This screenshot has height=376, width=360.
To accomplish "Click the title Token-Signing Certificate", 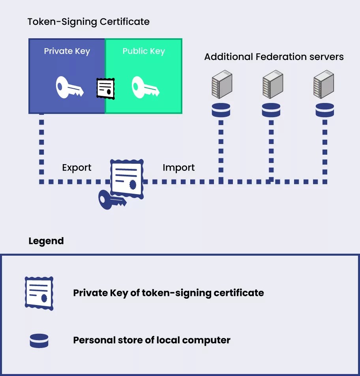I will [x=88, y=21].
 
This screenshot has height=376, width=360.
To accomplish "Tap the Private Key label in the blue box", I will [x=67, y=51].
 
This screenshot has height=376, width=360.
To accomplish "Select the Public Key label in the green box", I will [x=144, y=51].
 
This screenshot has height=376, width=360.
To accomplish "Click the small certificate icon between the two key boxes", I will [x=105, y=88].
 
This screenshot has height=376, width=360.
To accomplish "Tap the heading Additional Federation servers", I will [x=274, y=57].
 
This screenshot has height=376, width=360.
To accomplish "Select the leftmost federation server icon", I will [x=221, y=84].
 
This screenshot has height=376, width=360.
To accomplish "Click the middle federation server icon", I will [x=272, y=84].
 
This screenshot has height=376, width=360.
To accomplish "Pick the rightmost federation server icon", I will [x=323, y=84].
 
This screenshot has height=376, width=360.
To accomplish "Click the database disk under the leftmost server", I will [x=221, y=110].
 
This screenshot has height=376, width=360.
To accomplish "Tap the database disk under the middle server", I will [x=271, y=110].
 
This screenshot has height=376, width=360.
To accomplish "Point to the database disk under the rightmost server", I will [x=325, y=110].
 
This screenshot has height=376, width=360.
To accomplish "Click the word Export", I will [x=77, y=168].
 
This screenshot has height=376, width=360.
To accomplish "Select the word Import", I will [x=178, y=168].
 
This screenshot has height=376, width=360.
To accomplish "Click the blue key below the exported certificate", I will [x=111, y=199].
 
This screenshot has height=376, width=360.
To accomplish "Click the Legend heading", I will [x=46, y=241].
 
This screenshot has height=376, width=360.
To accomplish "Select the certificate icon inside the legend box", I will [x=39, y=293].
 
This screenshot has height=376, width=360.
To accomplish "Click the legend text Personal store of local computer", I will [x=152, y=340].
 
